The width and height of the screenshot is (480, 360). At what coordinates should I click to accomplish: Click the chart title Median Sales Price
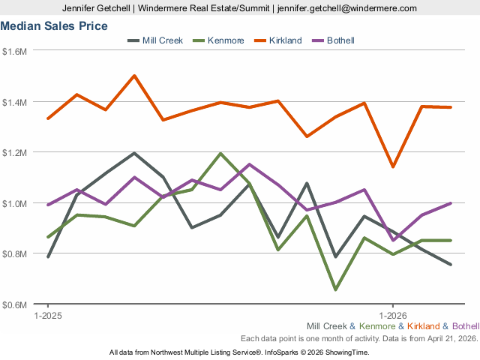pos(54,26)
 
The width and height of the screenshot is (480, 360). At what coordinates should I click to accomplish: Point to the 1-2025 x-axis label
pos(49,315)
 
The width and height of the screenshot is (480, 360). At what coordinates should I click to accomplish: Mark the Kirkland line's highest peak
pos(134,76)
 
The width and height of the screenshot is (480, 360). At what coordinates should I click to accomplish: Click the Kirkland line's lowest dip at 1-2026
pos(393,166)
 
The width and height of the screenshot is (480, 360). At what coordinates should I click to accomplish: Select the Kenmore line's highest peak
pos(220,154)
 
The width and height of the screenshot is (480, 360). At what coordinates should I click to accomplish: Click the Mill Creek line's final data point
pos(451,264)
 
